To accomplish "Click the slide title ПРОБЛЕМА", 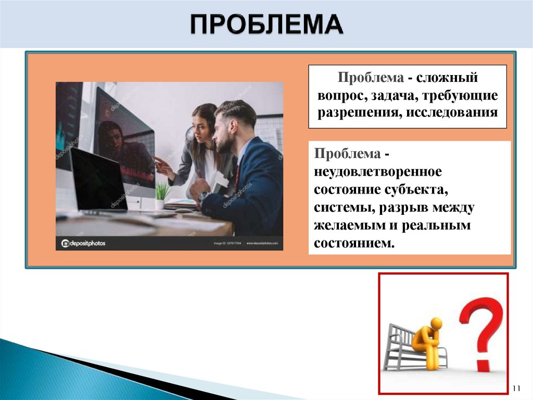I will (x=265, y=25).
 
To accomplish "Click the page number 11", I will (x=516, y=389).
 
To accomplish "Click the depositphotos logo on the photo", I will (x=83, y=243).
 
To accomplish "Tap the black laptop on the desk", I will (x=99, y=180).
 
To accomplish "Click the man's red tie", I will (x=237, y=175).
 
